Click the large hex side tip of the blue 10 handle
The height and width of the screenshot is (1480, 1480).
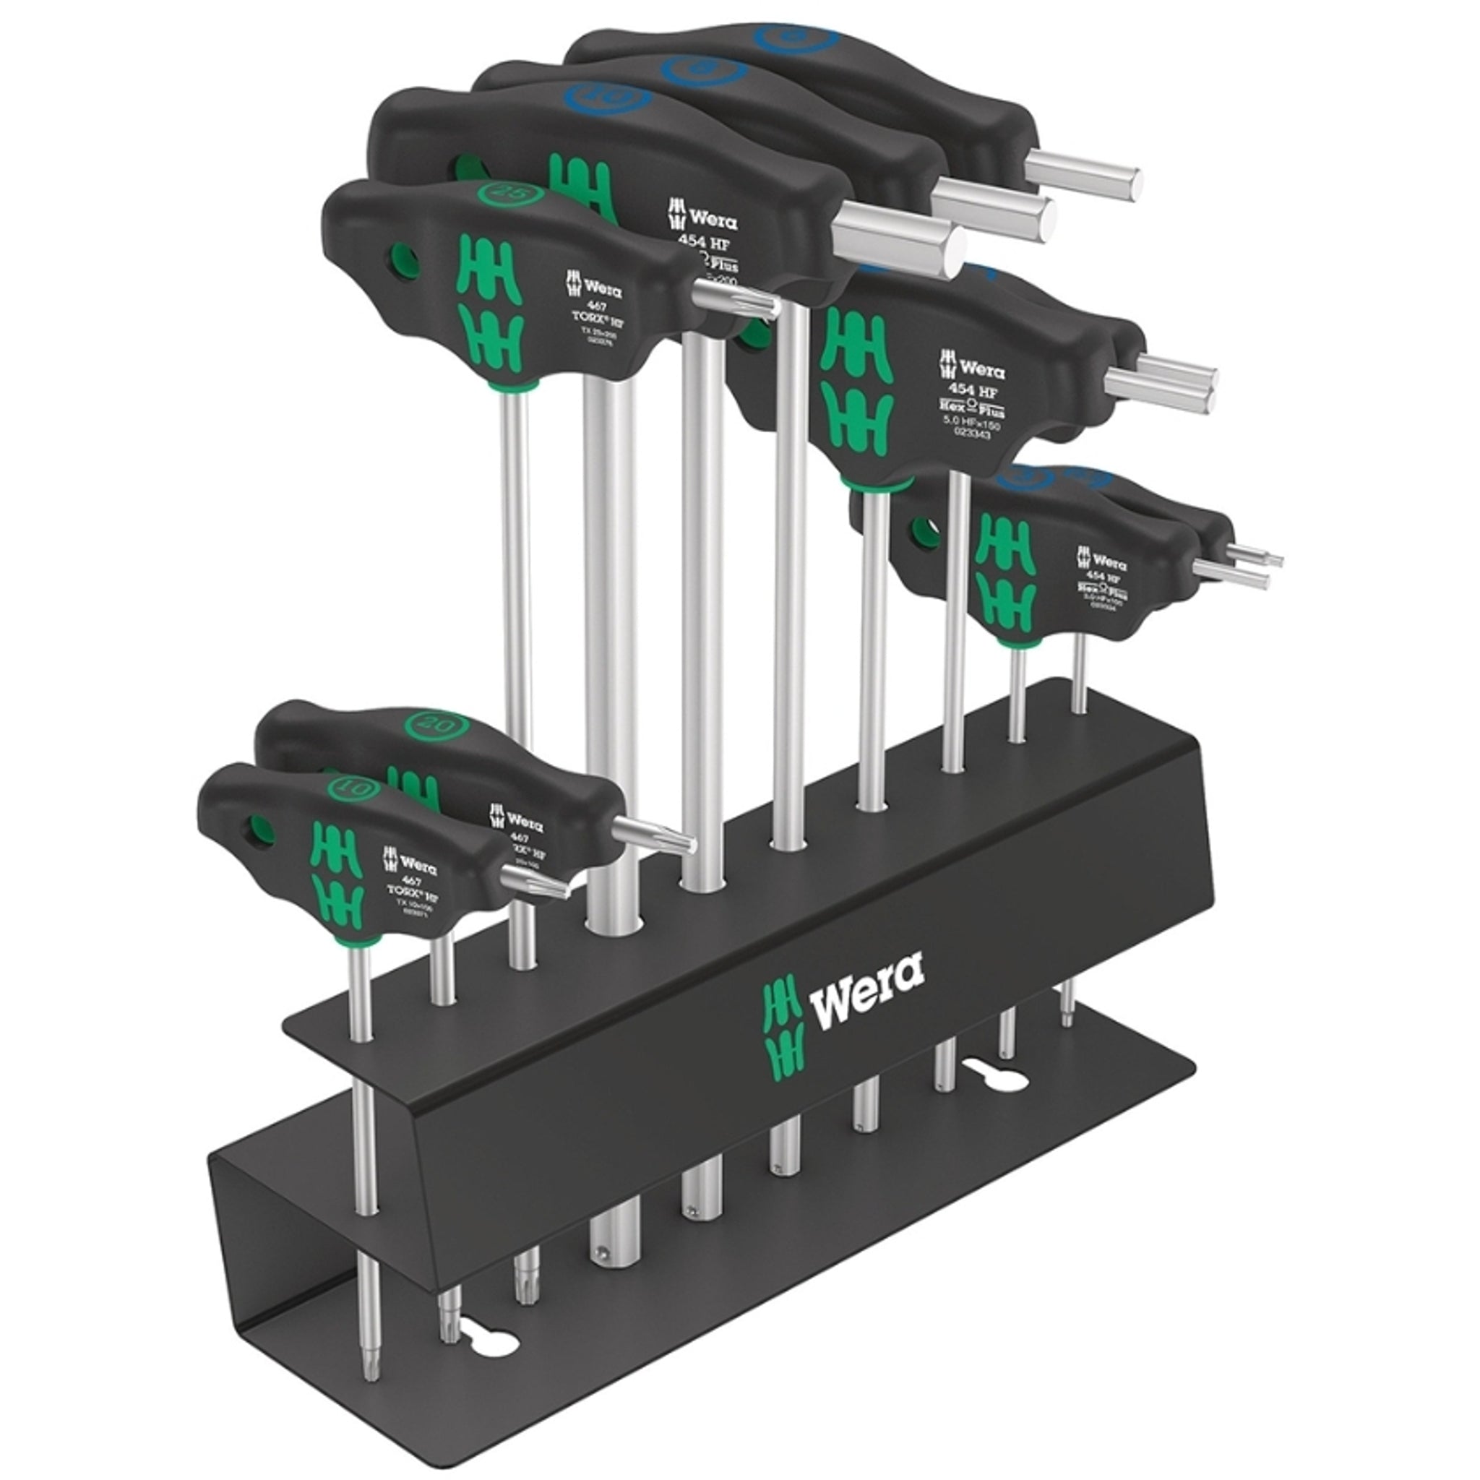pyautogui.click(x=900, y=241)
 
